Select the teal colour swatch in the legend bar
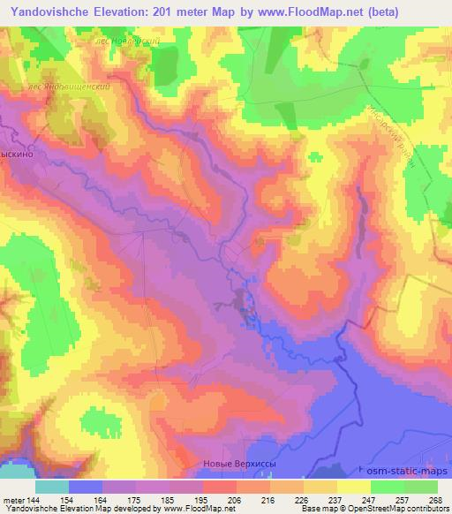tap(52, 487)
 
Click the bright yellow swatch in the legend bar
tap(354, 487)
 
